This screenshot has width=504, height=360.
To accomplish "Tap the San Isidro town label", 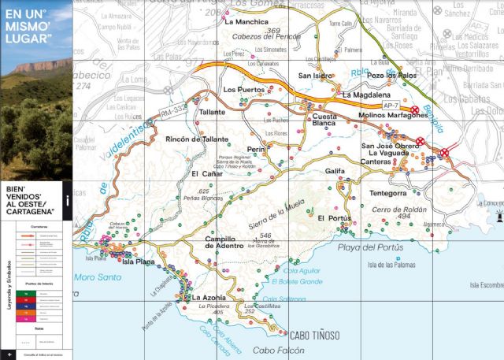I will [x=313, y=76].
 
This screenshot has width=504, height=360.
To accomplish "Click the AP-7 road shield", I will [x=391, y=105].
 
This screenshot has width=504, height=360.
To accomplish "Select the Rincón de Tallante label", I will [x=197, y=139].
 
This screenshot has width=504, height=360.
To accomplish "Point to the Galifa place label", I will [x=335, y=170].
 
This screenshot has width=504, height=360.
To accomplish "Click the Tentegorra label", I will [x=387, y=193].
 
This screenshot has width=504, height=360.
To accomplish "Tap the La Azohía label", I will [x=209, y=298].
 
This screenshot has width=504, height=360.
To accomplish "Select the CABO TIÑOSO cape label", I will [x=316, y=335].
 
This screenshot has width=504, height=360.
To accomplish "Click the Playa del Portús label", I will [x=370, y=247].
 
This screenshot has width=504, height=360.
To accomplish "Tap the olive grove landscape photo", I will [x=35, y=118].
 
